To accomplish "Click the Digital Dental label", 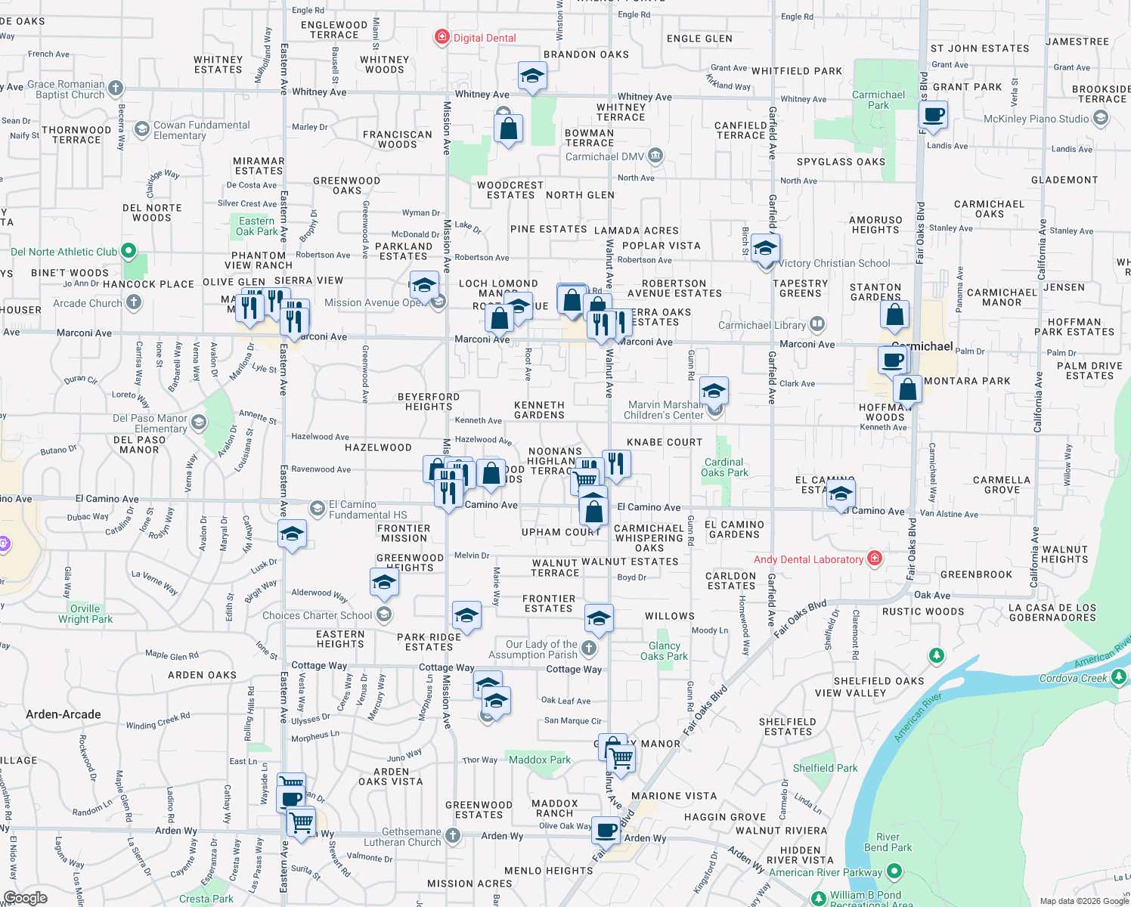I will point(484,38).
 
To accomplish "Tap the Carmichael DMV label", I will point(605,156).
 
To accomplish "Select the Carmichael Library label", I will point(762,325).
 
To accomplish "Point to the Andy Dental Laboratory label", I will point(808,559).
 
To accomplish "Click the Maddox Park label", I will point(540,760).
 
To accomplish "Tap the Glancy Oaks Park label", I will point(664,651).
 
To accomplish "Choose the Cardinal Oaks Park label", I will point(724,467).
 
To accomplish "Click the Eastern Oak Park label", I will point(257,226).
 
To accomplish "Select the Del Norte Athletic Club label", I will point(64,252).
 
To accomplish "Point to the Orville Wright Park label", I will point(85,614).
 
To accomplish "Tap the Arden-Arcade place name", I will point(64,714).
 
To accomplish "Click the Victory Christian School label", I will point(834,263).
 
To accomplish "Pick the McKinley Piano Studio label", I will point(1036,119).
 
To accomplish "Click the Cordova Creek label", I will point(1073,678).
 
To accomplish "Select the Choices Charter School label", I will point(318,615).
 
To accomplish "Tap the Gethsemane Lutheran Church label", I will point(402,837).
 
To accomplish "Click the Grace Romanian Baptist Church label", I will point(66,89).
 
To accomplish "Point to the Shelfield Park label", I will point(825,768).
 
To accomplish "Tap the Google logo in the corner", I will point(26,898).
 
